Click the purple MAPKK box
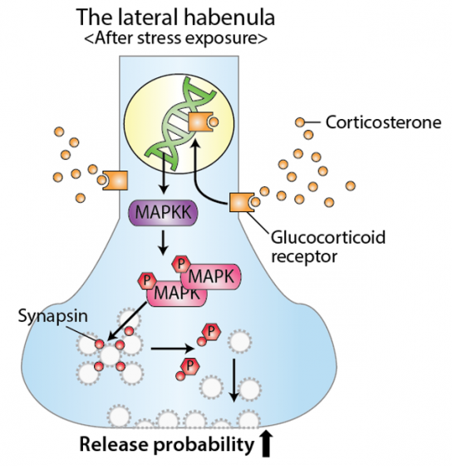pos(163,213)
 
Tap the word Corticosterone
pos(383,122)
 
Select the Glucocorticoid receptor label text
pos(328,246)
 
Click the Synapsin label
pos(53,316)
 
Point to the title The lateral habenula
pos(175,17)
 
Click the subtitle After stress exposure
pos(175,38)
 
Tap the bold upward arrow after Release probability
pos(267,444)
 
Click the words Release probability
pos(167,444)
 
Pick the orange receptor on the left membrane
pos(115,180)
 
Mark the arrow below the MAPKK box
pos(163,242)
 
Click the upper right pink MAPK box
pos(211,276)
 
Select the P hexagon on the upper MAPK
pos(181,264)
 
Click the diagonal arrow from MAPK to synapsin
pos(127,321)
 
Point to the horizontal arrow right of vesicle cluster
pos(173,348)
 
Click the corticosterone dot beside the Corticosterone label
pos(300,122)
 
